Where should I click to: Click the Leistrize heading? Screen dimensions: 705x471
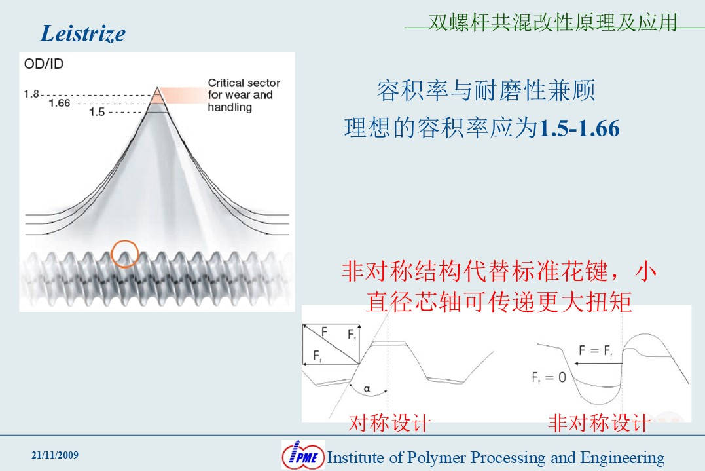(83, 34)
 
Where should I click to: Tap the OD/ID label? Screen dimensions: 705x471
(44, 64)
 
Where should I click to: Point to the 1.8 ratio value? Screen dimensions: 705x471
(31, 94)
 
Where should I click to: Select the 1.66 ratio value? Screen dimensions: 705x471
(60, 103)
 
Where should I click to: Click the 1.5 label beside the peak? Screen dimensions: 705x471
(97, 111)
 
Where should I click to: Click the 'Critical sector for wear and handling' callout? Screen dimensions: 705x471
(244, 95)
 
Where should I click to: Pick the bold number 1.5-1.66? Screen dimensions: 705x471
(579, 128)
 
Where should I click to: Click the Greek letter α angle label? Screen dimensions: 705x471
(367, 388)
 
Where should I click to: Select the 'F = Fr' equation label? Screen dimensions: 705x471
(595, 350)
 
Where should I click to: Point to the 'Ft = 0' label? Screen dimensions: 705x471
(549, 377)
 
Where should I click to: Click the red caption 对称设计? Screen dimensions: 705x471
(389, 423)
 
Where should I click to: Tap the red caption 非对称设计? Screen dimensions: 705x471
(600, 423)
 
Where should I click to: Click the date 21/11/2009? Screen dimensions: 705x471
(55, 455)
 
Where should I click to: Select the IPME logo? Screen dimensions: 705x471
(303, 455)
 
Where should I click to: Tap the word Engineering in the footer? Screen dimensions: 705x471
(623, 458)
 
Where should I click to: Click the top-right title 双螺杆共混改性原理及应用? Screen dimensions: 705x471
(552, 22)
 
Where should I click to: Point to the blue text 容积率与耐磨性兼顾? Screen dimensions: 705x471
(486, 90)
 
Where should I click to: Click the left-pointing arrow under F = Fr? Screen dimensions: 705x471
(598, 363)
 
